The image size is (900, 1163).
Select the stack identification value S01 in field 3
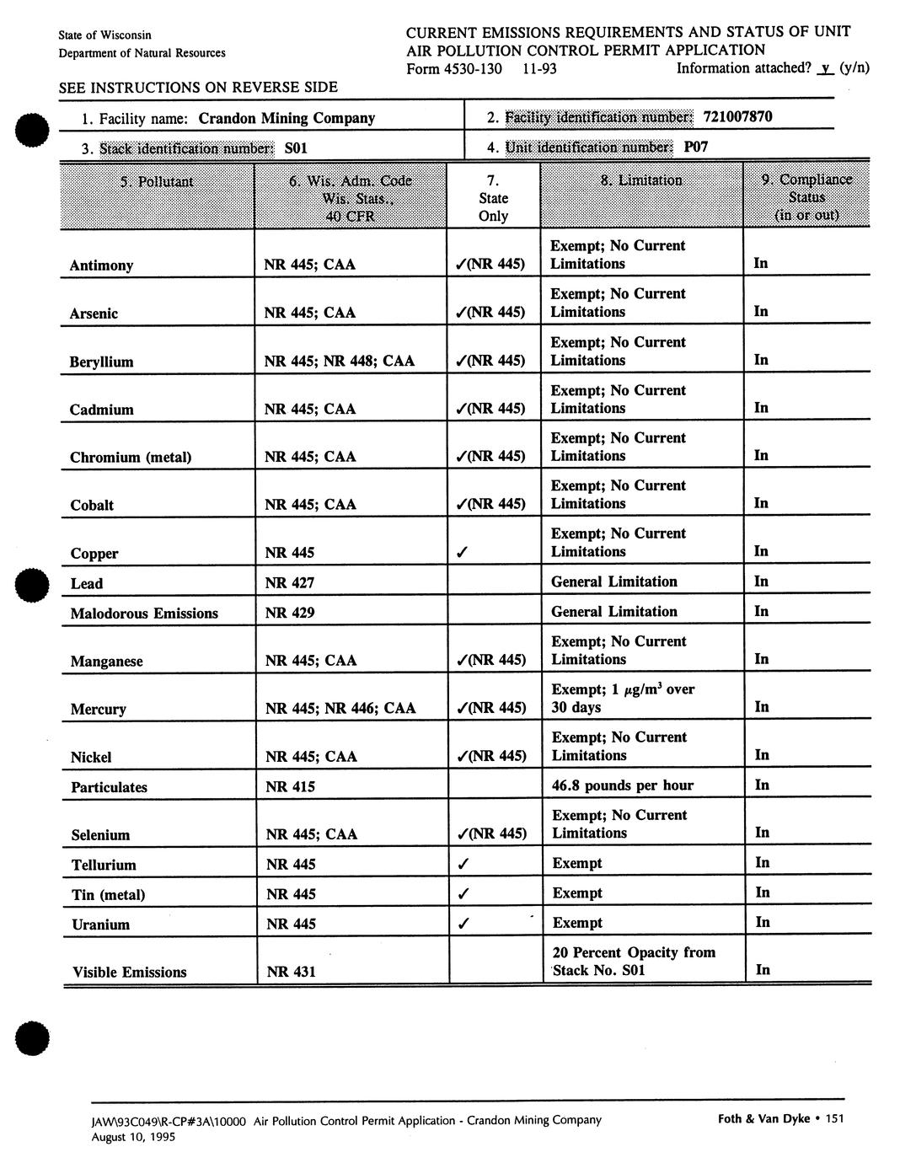pyautogui.click(x=296, y=148)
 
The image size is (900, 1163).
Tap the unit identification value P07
pyautogui.click(x=695, y=147)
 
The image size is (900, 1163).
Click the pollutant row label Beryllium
pyautogui.click(x=101, y=362)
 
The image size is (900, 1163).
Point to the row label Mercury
pyautogui.click(x=98, y=709)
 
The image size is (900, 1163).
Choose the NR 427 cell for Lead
pyautogui.click(x=289, y=582)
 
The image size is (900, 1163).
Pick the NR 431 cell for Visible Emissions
pyautogui.click(x=291, y=972)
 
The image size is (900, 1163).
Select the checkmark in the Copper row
pyautogui.click(x=461, y=553)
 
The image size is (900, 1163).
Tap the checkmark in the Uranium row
pyautogui.click(x=462, y=924)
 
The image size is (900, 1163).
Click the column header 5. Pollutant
pyautogui.click(x=157, y=181)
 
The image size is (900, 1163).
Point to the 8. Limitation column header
pyautogui.click(x=641, y=180)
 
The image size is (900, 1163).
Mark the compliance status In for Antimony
pyautogui.click(x=761, y=263)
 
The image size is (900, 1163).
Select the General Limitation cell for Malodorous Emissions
pyautogui.click(x=613, y=612)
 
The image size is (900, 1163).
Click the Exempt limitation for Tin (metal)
pyautogui.click(x=577, y=893)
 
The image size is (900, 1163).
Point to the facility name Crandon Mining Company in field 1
pyautogui.click(x=287, y=118)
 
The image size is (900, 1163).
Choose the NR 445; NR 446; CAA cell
pyautogui.click(x=340, y=708)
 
